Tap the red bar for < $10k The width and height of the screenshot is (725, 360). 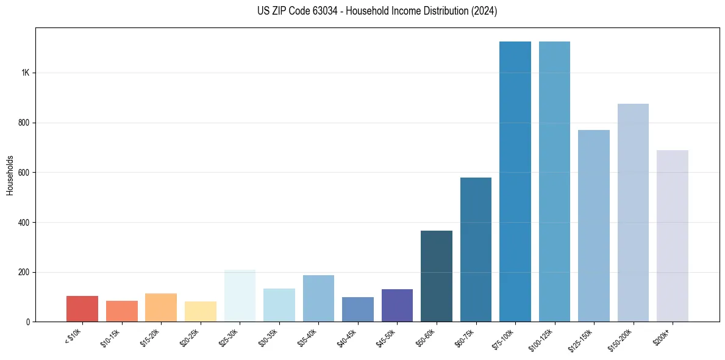click(82, 309)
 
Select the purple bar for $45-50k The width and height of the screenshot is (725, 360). click(397, 305)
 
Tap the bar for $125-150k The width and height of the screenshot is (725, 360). click(593, 226)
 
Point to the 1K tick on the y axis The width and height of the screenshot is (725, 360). click(25, 73)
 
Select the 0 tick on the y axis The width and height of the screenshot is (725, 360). click(28, 322)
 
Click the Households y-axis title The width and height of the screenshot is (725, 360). click(10, 175)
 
